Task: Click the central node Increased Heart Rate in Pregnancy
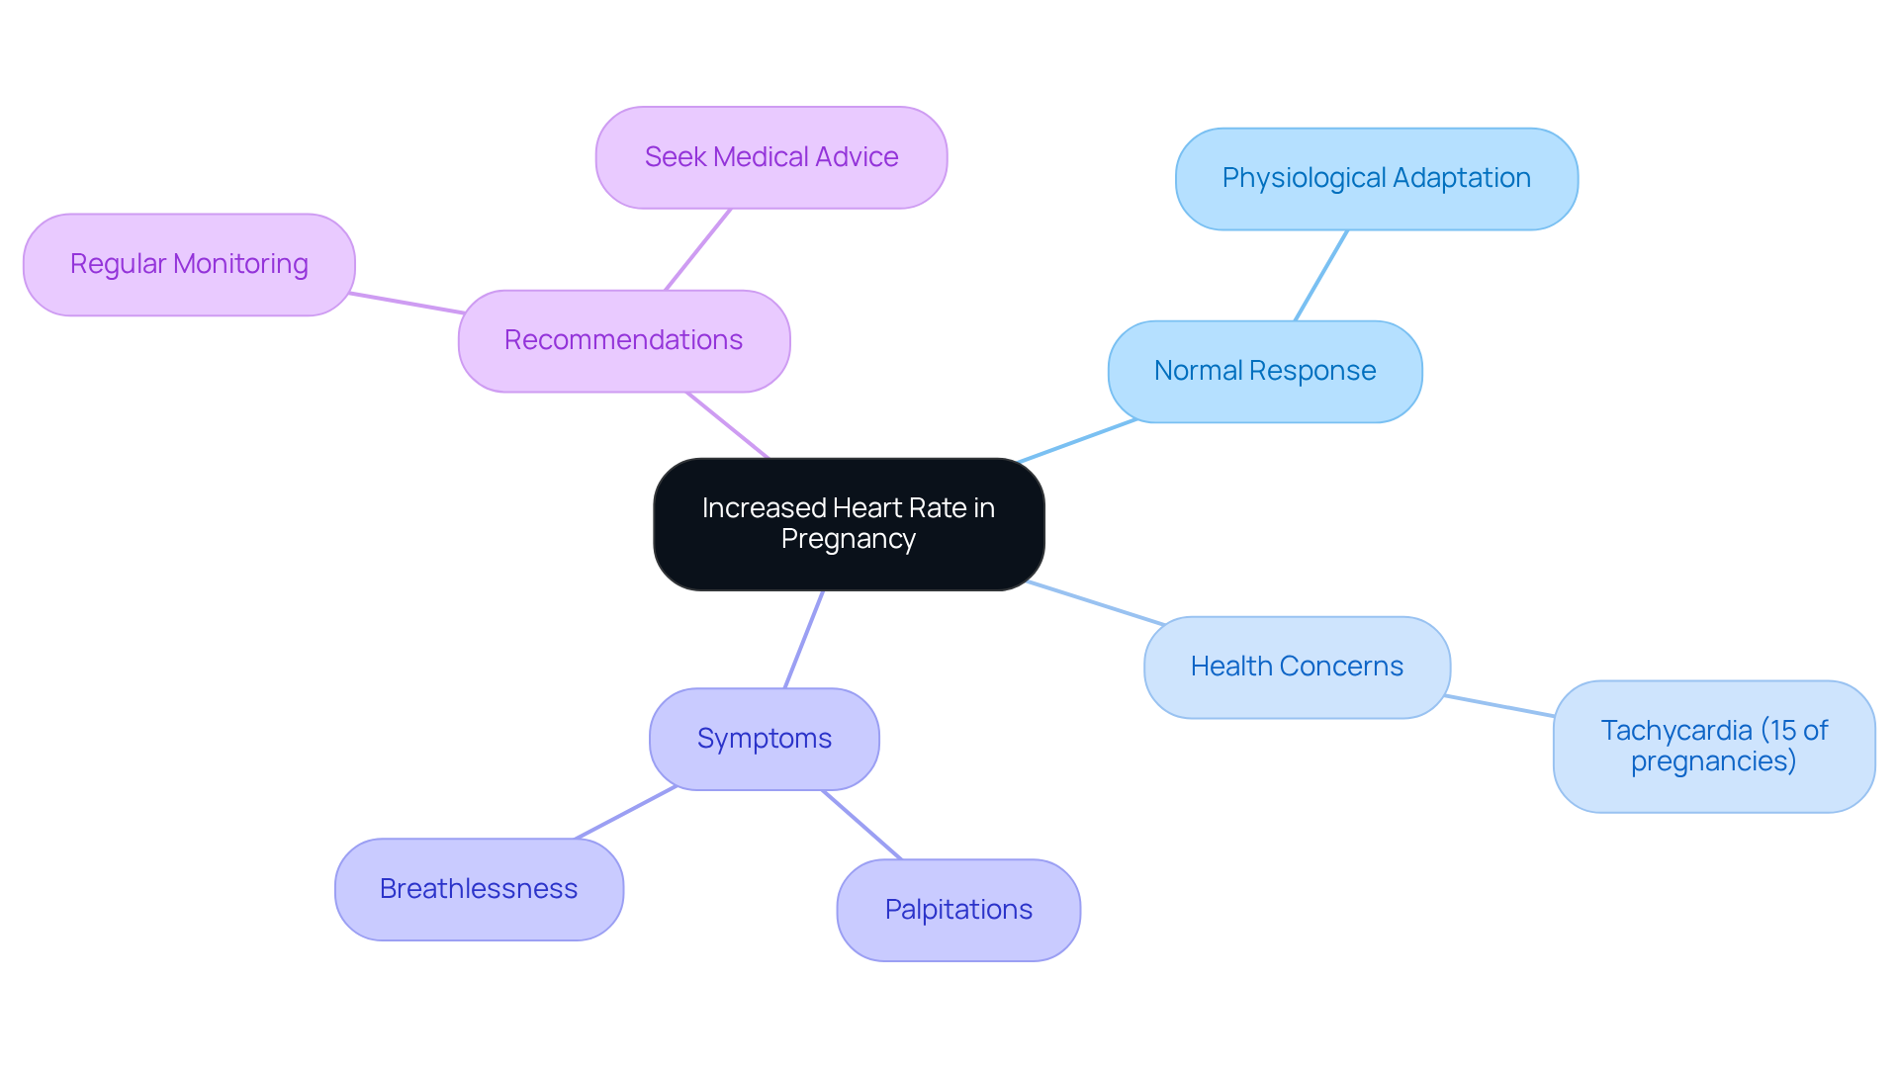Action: tap(848, 524)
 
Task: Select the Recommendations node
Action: tap(623, 341)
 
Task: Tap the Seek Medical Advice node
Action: tap(770, 158)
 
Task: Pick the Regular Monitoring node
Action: tap(189, 265)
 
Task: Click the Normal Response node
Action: tap(1264, 372)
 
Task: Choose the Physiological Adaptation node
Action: tap(1376, 179)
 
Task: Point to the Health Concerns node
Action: tap(1296, 668)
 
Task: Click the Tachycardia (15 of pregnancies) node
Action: tap(1713, 747)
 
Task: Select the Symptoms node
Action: tap(764, 739)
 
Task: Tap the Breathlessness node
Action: tap(479, 889)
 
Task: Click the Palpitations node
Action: tap(957, 910)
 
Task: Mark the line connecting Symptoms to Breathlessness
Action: tap(625, 813)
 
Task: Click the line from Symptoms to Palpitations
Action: tap(861, 825)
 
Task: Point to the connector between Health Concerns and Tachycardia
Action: tap(1498, 706)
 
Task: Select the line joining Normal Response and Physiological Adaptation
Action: tap(1320, 276)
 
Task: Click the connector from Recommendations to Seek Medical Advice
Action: tap(697, 249)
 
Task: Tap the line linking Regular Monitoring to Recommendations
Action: tap(407, 303)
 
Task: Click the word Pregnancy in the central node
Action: tap(848, 540)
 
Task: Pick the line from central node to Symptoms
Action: tap(803, 640)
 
